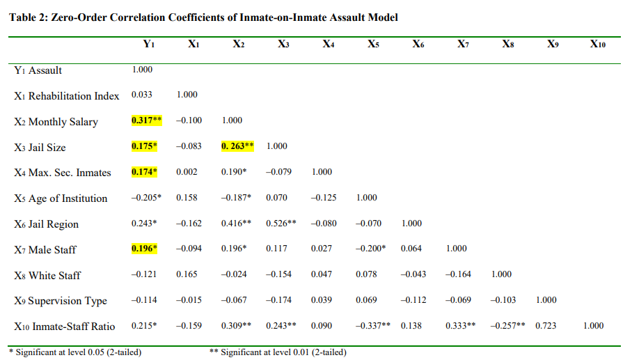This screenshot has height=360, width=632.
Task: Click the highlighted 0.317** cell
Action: [147, 120]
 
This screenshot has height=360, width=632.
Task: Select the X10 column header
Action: [597, 44]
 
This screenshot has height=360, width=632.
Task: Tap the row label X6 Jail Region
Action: [46, 224]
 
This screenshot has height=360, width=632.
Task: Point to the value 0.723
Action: [546, 325]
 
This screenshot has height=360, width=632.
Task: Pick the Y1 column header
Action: [148, 44]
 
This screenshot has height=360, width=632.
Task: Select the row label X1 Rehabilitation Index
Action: [67, 95]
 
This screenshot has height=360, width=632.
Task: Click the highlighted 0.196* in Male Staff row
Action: [145, 249]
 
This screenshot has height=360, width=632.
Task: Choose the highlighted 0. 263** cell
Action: [237, 146]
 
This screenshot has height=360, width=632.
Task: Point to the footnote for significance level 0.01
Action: [278, 352]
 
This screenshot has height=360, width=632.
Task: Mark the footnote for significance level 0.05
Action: [74, 352]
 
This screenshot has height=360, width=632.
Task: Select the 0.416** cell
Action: [237, 224]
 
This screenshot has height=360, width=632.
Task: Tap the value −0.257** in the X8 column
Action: [506, 325]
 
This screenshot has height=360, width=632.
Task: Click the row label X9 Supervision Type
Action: [61, 301]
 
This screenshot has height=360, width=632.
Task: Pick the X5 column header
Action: [373, 44]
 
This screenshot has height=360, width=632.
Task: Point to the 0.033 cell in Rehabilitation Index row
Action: [142, 95]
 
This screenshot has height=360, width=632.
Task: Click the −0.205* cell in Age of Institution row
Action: [146, 198]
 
